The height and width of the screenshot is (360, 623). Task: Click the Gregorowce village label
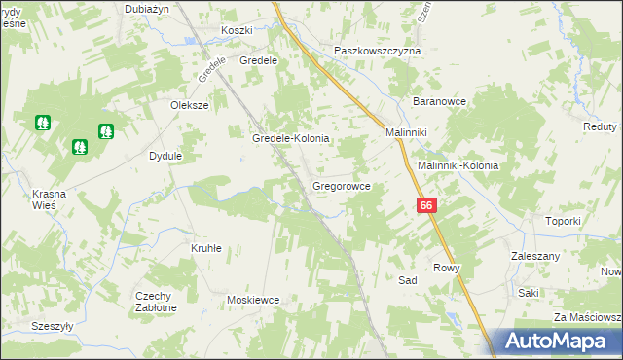coord(341,185)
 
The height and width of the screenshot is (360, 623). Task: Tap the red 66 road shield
coord(426,205)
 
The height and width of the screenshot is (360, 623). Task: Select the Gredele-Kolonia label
coord(291,139)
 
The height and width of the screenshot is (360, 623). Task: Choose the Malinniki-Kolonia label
coord(458,165)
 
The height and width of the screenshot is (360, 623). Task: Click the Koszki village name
coord(237,30)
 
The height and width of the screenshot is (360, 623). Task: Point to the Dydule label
coord(165,156)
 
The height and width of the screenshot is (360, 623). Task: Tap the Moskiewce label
coord(253,301)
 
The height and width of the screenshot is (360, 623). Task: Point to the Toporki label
coord(563,221)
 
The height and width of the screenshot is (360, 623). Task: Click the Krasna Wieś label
coord(48,198)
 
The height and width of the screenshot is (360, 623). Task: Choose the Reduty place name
coord(600,127)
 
